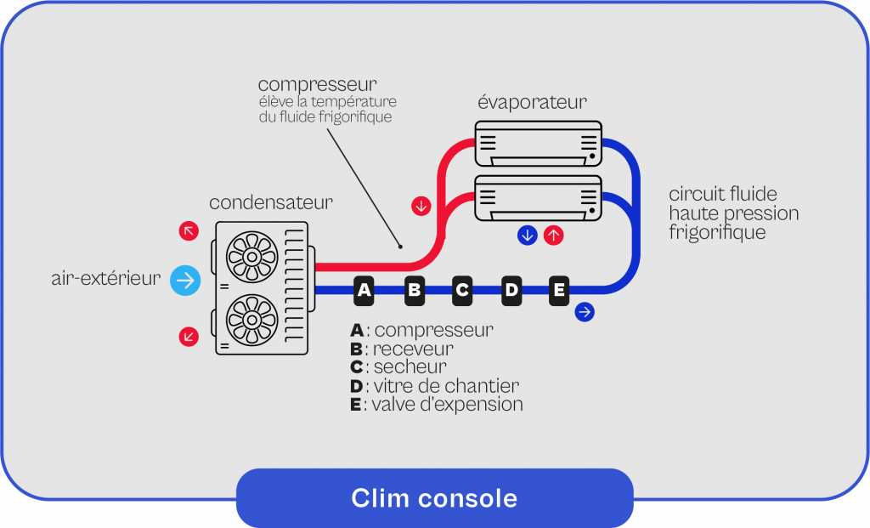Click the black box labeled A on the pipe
(x=364, y=291)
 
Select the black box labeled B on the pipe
(x=414, y=291)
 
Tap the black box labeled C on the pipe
(x=462, y=291)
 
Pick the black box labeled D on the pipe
(x=511, y=291)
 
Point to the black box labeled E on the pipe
(x=559, y=291)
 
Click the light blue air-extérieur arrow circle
(x=185, y=280)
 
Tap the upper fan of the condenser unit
(x=252, y=254)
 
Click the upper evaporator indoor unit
(x=538, y=143)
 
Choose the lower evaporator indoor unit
(x=538, y=198)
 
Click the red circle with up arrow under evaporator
(x=553, y=236)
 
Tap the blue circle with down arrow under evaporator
(x=528, y=236)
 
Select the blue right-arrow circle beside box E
(x=585, y=312)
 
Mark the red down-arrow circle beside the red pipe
(x=421, y=206)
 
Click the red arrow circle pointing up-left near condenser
(x=189, y=230)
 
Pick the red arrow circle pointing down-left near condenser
(x=189, y=337)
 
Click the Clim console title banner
(x=434, y=497)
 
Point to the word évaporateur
(x=532, y=103)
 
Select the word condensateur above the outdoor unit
(x=271, y=202)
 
